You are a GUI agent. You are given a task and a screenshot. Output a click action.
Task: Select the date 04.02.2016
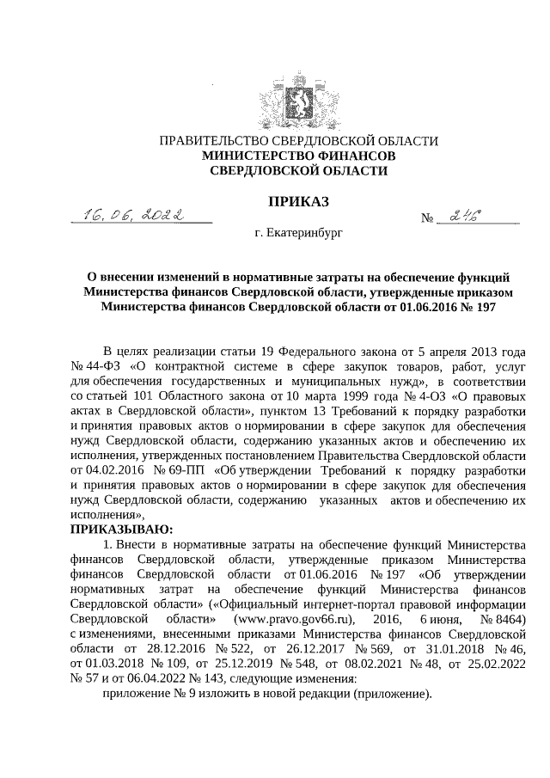pos(114,470)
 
